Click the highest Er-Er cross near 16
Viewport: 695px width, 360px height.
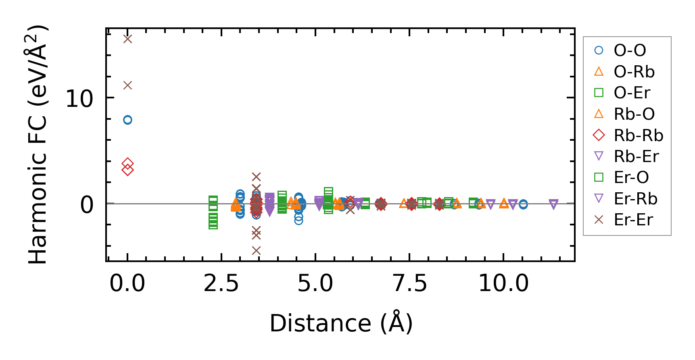click(127, 39)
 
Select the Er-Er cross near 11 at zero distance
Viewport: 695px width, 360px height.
click(127, 85)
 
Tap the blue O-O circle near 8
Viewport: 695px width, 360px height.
click(127, 120)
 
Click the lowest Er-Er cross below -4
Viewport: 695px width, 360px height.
click(256, 251)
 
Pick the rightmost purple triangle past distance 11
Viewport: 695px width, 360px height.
click(553, 204)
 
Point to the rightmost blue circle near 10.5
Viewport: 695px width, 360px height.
click(523, 204)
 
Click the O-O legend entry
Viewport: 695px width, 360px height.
click(630, 50)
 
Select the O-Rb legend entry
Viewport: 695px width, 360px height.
click(634, 72)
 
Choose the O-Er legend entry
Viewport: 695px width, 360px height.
click(632, 93)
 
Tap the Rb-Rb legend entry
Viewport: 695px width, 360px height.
click(638, 135)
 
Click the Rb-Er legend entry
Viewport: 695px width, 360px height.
click(636, 156)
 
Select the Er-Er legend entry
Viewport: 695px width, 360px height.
click(633, 220)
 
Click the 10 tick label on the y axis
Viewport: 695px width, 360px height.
click(79, 99)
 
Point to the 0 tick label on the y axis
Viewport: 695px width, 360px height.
click(86, 205)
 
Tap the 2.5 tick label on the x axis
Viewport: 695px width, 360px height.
click(221, 283)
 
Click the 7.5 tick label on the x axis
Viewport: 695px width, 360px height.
click(409, 283)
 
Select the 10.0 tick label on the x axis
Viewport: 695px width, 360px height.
click(503, 283)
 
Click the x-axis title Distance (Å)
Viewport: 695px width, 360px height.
click(341, 323)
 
